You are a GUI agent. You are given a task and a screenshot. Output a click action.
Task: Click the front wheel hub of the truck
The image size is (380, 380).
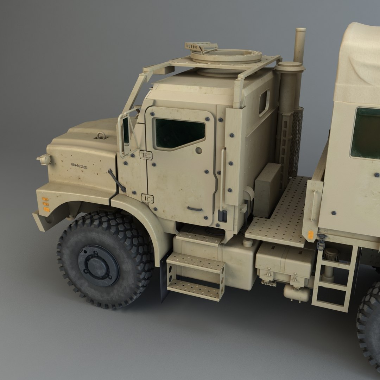(x=98, y=265)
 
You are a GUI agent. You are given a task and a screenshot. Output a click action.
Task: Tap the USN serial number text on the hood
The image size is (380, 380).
(x=79, y=166)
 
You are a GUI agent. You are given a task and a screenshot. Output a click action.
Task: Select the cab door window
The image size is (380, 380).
(x=179, y=133)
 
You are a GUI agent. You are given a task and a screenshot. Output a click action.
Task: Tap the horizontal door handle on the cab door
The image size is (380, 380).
(x=195, y=209)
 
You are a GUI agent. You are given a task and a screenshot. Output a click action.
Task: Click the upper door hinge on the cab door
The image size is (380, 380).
(x=146, y=155)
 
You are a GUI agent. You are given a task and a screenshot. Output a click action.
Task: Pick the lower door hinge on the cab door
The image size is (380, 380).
(x=147, y=198)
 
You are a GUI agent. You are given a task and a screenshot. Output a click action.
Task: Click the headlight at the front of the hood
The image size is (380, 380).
(x=45, y=160)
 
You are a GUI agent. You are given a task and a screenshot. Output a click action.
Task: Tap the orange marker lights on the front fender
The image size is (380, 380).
(x=45, y=204)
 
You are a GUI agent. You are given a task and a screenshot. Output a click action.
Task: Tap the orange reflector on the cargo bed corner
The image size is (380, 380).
(x=310, y=235)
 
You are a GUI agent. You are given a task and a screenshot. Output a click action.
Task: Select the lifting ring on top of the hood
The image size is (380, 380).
(x=101, y=135)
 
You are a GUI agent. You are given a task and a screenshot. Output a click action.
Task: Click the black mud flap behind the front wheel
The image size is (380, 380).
(x=164, y=278)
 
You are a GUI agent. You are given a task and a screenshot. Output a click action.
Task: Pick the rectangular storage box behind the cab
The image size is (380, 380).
(x=267, y=190)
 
